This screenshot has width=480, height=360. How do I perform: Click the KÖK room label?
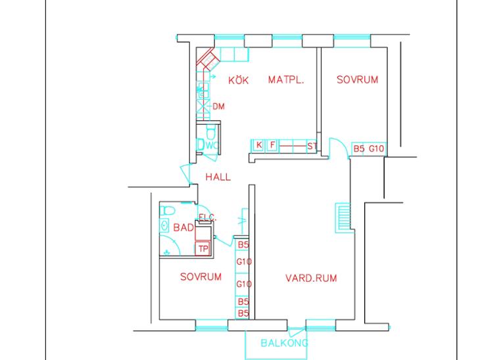(239, 80)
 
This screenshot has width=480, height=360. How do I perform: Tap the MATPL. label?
(286, 80)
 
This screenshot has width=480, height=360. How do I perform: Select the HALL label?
(218, 177)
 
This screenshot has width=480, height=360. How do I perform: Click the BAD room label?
(183, 227)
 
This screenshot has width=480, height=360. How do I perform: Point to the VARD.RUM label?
(311, 278)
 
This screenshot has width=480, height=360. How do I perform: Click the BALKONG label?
(284, 343)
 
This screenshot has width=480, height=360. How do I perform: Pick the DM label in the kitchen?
(218, 106)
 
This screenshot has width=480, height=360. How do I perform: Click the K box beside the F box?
(259, 145)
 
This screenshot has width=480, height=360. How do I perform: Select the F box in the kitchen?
(272, 145)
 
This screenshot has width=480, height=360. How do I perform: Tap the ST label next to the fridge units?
(312, 146)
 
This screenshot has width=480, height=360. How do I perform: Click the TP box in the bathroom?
(203, 249)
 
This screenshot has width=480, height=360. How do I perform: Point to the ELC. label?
(207, 217)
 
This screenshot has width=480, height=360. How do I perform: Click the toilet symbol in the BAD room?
(168, 211)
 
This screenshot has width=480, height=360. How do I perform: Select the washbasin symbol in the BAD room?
(164, 226)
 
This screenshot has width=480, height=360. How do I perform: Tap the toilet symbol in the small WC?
(211, 132)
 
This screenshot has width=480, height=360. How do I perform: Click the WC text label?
(212, 145)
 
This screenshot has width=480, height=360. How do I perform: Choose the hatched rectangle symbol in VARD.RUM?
(343, 217)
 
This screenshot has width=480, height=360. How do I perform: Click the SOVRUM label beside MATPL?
(357, 79)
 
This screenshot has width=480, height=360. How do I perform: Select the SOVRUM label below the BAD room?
(201, 277)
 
